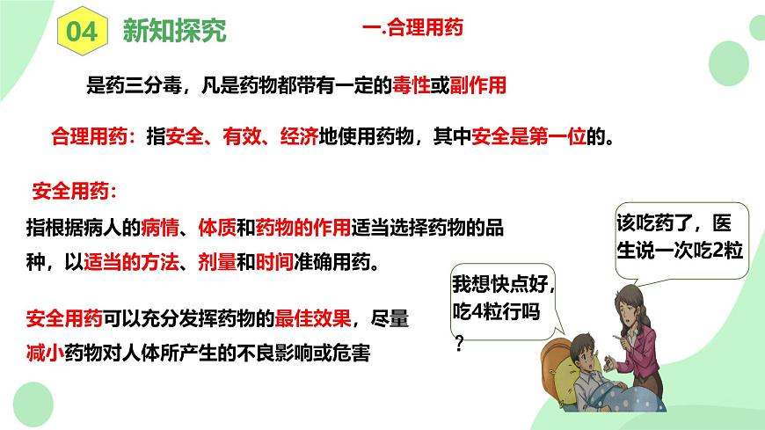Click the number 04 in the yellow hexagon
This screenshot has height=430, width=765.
[x=78, y=32]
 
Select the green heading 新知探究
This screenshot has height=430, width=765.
[x=174, y=32]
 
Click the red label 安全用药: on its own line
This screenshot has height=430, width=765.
[x=74, y=191]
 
